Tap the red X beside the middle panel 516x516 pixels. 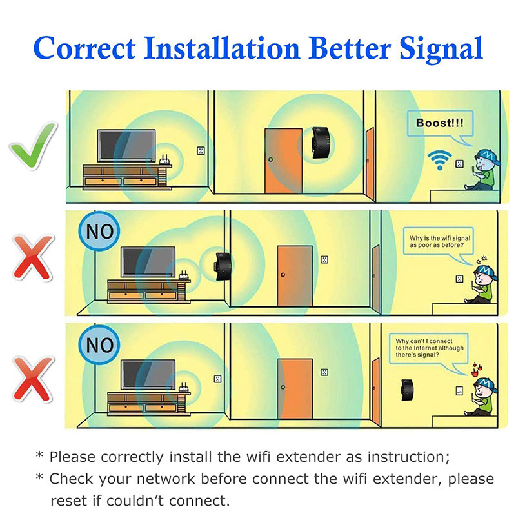coord(33,257)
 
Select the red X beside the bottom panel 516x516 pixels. coord(33,379)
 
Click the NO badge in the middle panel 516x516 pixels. coord(99,231)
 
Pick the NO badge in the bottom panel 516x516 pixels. coord(99,344)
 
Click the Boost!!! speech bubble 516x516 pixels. coord(440,124)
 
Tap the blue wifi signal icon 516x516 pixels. coord(440,160)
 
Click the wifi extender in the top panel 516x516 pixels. coord(321,142)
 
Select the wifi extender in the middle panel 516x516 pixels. coord(223,266)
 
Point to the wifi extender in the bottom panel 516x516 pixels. coord(407,390)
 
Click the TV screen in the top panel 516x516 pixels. coord(126,146)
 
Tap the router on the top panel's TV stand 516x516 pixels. coord(164,161)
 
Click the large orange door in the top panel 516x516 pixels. coord(283,161)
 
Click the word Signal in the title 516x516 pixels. coord(441,49)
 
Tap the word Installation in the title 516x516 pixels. coord(221,48)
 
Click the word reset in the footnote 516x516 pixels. coord(70,501)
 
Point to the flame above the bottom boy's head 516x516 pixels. coord(475,370)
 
